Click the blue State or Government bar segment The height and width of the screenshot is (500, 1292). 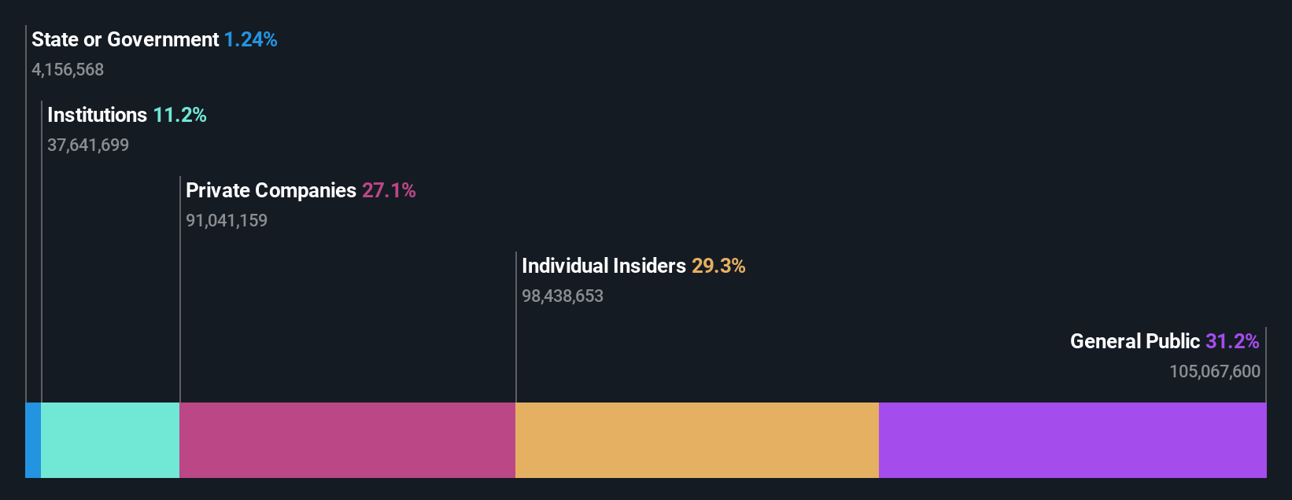(33, 440)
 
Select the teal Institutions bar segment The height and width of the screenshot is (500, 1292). (110, 440)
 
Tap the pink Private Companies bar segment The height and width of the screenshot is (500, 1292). (347, 440)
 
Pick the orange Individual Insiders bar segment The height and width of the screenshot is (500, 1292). (696, 440)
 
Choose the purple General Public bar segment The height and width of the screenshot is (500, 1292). (1072, 440)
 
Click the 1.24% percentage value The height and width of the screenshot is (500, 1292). (250, 39)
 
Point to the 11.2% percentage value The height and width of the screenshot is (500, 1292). (179, 115)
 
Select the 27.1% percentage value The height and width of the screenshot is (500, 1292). (389, 190)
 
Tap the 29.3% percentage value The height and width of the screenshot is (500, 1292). (718, 266)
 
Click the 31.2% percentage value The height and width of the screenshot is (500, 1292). (1232, 341)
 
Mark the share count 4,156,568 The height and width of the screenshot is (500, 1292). (68, 70)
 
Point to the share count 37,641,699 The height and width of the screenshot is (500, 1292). (88, 145)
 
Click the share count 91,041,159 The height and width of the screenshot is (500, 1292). (227, 221)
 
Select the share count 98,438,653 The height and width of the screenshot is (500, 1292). (563, 296)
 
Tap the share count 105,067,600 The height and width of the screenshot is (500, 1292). (1215, 372)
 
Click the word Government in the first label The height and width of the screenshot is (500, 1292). (163, 39)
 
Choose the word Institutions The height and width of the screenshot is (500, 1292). (98, 115)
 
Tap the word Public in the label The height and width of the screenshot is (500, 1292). (1172, 341)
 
